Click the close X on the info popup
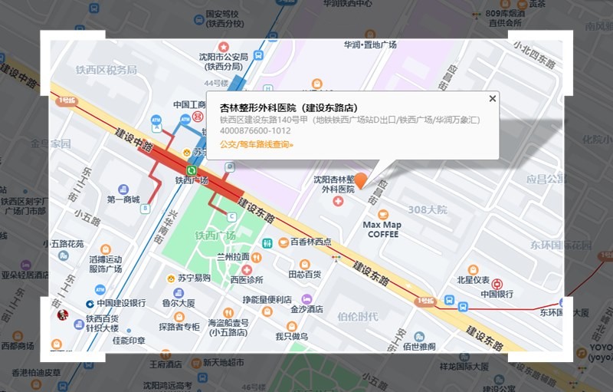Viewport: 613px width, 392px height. point(493,98)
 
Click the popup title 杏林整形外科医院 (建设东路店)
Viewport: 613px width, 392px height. point(288,108)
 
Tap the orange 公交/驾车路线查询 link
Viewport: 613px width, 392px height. point(256,144)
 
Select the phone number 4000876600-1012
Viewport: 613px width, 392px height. point(255,131)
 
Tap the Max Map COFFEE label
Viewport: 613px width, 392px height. point(382,229)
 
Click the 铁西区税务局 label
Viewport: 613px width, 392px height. point(106,70)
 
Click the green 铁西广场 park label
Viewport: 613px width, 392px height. point(215,236)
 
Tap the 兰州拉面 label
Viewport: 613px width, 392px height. point(233,257)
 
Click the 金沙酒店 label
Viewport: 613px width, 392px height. point(306,309)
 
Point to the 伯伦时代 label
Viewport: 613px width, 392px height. point(357,315)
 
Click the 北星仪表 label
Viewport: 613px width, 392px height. point(473,280)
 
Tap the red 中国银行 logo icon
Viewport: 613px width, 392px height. point(498,284)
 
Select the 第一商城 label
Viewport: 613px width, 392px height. point(123,199)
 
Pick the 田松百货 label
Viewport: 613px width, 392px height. point(304,274)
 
